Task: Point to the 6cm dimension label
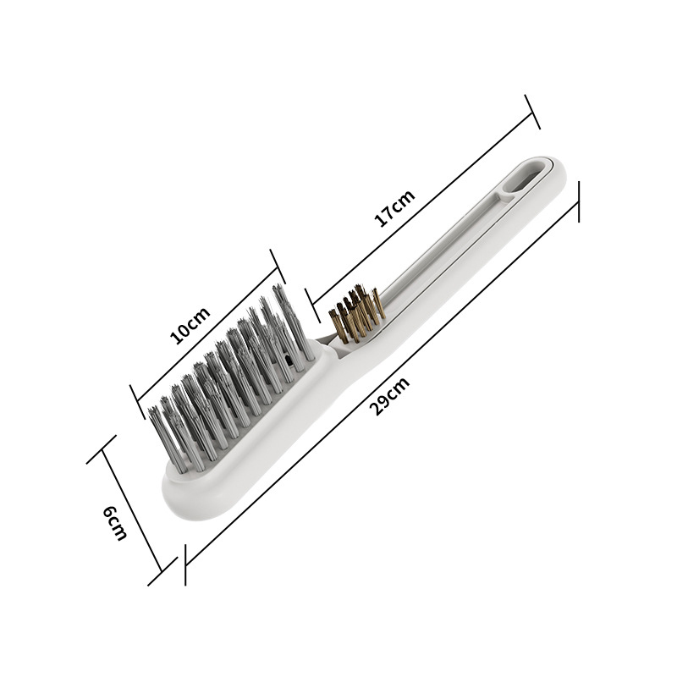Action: point(114,522)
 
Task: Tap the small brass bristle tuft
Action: point(356,316)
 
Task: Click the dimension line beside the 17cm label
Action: point(423,203)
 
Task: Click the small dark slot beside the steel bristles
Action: point(289,360)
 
